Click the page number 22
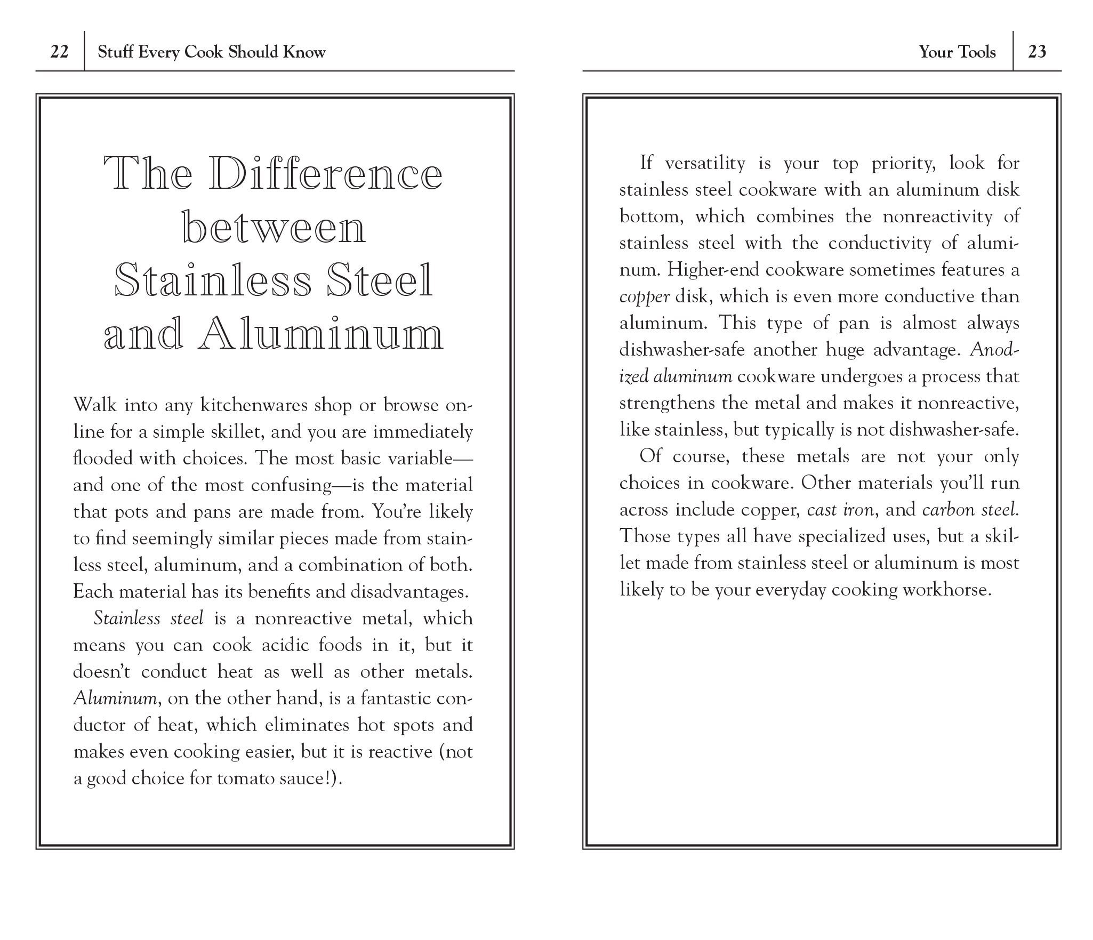[59, 52]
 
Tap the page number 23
[1037, 52]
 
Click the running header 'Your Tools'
[957, 52]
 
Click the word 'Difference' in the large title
[325, 174]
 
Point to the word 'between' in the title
[275, 228]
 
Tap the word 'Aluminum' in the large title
[322, 334]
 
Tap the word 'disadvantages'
[409, 591]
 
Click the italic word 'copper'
[644, 296]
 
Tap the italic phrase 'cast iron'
[840, 510]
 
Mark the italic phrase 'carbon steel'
[969, 510]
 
